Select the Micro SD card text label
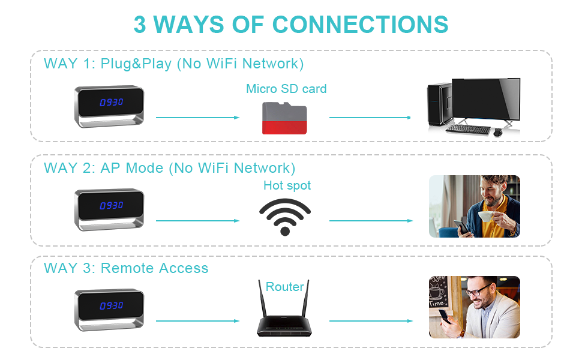pyautogui.click(x=286, y=89)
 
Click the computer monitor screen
pyautogui.click(x=485, y=100)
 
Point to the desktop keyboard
pyautogui.click(x=467, y=128)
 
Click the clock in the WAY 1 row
pyautogui.click(x=110, y=107)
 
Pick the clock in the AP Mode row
pyautogui.click(x=110, y=210)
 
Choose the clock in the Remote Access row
pyautogui.click(x=110, y=310)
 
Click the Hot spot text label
pyautogui.click(x=287, y=185)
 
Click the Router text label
pyautogui.click(x=285, y=287)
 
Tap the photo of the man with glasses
pyautogui.click(x=474, y=307)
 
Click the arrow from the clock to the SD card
pyautogui.click(x=197, y=118)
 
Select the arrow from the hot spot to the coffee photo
pyautogui.click(x=371, y=221)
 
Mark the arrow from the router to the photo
pyautogui.click(x=371, y=321)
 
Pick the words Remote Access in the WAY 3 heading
pyautogui.click(x=154, y=268)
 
